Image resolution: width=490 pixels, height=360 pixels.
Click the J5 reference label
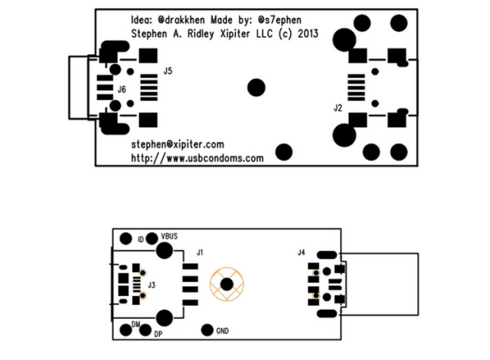point(168,71)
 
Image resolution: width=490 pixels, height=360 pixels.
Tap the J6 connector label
point(122,90)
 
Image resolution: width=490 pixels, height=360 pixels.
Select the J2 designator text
point(338,108)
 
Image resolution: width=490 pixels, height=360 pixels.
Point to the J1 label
point(200,252)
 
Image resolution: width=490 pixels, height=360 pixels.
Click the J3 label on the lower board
point(151,285)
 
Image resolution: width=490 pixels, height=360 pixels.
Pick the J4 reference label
point(301,252)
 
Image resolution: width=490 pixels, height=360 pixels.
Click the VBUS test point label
point(169,236)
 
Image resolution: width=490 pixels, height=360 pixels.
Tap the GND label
point(222,331)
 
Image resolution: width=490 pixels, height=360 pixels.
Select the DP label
point(159,334)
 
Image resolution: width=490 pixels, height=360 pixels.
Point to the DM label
point(136,325)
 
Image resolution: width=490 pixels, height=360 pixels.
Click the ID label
point(141,239)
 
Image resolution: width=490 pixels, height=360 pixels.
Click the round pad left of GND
point(207,330)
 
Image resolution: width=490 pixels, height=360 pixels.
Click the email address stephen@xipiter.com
point(178,145)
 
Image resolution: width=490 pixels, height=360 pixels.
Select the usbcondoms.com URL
point(197,158)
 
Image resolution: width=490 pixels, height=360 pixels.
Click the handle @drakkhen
point(181,21)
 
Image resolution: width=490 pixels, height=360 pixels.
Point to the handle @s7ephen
point(280,21)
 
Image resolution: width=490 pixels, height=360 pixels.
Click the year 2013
point(307,34)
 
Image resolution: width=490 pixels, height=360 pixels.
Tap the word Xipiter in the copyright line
point(235,34)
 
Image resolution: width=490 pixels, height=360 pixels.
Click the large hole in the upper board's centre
point(257,88)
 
